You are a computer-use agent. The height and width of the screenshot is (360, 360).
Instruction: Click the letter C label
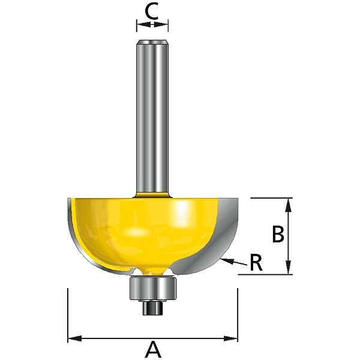click(152, 11)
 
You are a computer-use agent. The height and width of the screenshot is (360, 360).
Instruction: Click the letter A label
click(152, 349)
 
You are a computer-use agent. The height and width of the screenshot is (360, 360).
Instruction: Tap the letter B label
click(278, 234)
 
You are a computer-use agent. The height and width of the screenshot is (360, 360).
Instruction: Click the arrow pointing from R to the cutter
click(233, 262)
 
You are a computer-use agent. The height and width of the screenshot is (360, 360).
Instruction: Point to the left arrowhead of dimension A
click(75, 338)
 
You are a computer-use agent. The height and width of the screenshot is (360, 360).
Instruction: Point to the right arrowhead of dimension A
click(230, 338)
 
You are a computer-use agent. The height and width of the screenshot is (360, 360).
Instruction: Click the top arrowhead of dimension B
click(289, 205)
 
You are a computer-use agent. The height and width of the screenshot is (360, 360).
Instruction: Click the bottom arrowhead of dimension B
click(289, 267)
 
